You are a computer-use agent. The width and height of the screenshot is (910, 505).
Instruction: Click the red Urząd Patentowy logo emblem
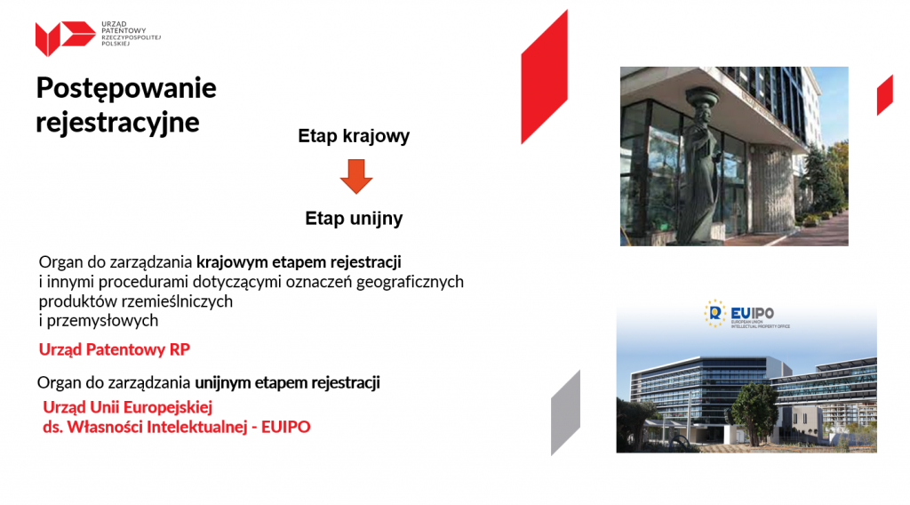65,37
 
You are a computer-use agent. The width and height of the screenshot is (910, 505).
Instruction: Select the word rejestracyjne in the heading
118,123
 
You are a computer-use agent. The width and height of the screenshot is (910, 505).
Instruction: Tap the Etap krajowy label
354,136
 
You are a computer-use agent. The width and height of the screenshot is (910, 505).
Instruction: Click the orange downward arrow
356,176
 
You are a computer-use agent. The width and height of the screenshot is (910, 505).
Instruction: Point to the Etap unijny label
354,219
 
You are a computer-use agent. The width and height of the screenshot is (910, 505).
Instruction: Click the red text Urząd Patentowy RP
115,349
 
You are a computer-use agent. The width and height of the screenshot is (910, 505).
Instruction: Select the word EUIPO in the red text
285,427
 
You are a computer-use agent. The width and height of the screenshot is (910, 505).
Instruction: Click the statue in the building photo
702,165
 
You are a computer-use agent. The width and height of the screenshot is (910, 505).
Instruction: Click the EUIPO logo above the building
746,314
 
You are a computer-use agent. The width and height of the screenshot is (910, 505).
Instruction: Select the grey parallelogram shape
566,413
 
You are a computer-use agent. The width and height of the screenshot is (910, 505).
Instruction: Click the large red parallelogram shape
545,76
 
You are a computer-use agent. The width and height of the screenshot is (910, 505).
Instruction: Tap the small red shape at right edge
885,95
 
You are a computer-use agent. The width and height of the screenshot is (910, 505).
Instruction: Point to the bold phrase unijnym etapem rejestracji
287,383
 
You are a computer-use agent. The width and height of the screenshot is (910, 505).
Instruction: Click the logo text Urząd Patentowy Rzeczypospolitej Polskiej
132,34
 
